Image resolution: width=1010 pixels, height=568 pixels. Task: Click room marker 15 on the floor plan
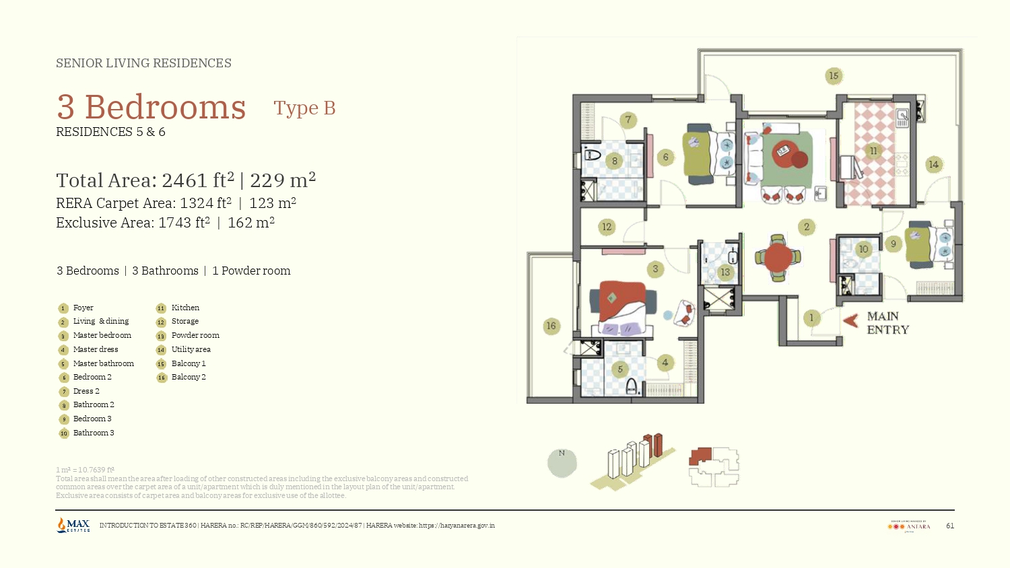(x=834, y=76)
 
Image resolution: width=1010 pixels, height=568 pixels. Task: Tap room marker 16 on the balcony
(x=551, y=326)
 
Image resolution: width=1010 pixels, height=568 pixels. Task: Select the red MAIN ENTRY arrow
(x=850, y=321)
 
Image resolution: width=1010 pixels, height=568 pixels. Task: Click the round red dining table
(x=778, y=258)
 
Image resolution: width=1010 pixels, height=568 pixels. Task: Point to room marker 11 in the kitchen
(x=873, y=151)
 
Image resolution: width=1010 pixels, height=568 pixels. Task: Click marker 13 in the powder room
(x=725, y=273)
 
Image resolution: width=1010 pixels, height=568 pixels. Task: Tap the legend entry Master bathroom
(x=103, y=363)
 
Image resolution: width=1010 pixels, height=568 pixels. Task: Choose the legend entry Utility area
(x=191, y=349)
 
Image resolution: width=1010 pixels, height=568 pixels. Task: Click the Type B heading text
(x=304, y=108)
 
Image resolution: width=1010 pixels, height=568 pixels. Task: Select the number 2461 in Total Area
(x=184, y=181)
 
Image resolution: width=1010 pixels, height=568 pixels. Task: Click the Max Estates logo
(x=73, y=525)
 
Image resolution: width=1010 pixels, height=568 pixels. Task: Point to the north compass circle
(x=562, y=463)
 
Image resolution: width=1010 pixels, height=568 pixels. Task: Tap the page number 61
(x=950, y=526)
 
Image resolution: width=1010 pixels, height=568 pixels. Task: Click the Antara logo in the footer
(x=910, y=526)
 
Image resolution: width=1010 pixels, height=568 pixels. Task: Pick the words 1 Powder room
(x=251, y=271)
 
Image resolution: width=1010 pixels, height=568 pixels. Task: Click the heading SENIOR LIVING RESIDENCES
(x=143, y=63)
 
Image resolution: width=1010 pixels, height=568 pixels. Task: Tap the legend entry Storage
(x=184, y=321)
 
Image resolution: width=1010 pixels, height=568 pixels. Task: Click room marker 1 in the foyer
(x=811, y=318)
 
